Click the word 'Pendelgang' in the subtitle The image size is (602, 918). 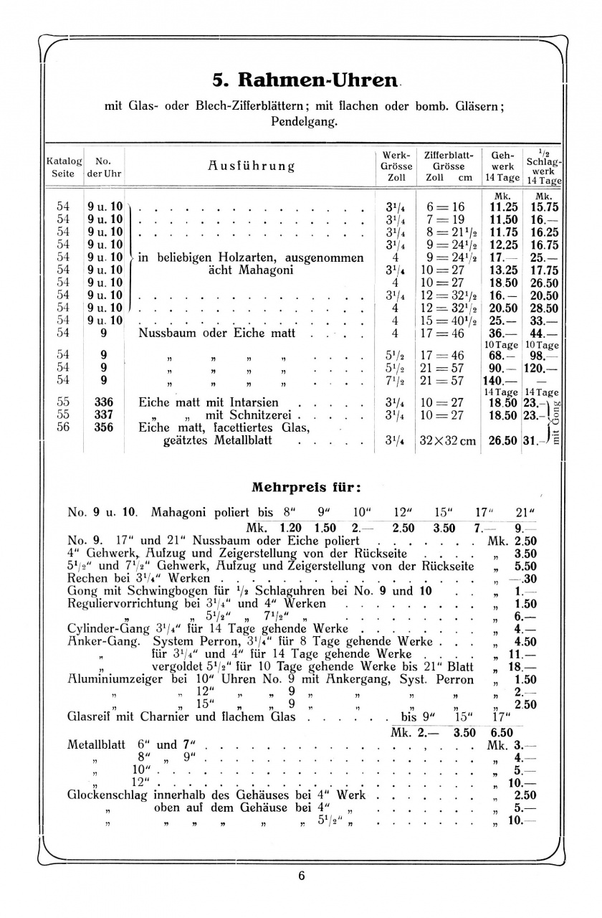(x=303, y=122)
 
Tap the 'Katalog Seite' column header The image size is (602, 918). (x=64, y=167)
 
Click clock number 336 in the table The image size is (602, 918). (x=105, y=402)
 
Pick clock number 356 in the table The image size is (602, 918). (x=105, y=427)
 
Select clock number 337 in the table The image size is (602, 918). (x=105, y=415)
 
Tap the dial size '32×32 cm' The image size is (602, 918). (x=447, y=441)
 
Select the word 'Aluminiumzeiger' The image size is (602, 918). (x=118, y=679)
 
